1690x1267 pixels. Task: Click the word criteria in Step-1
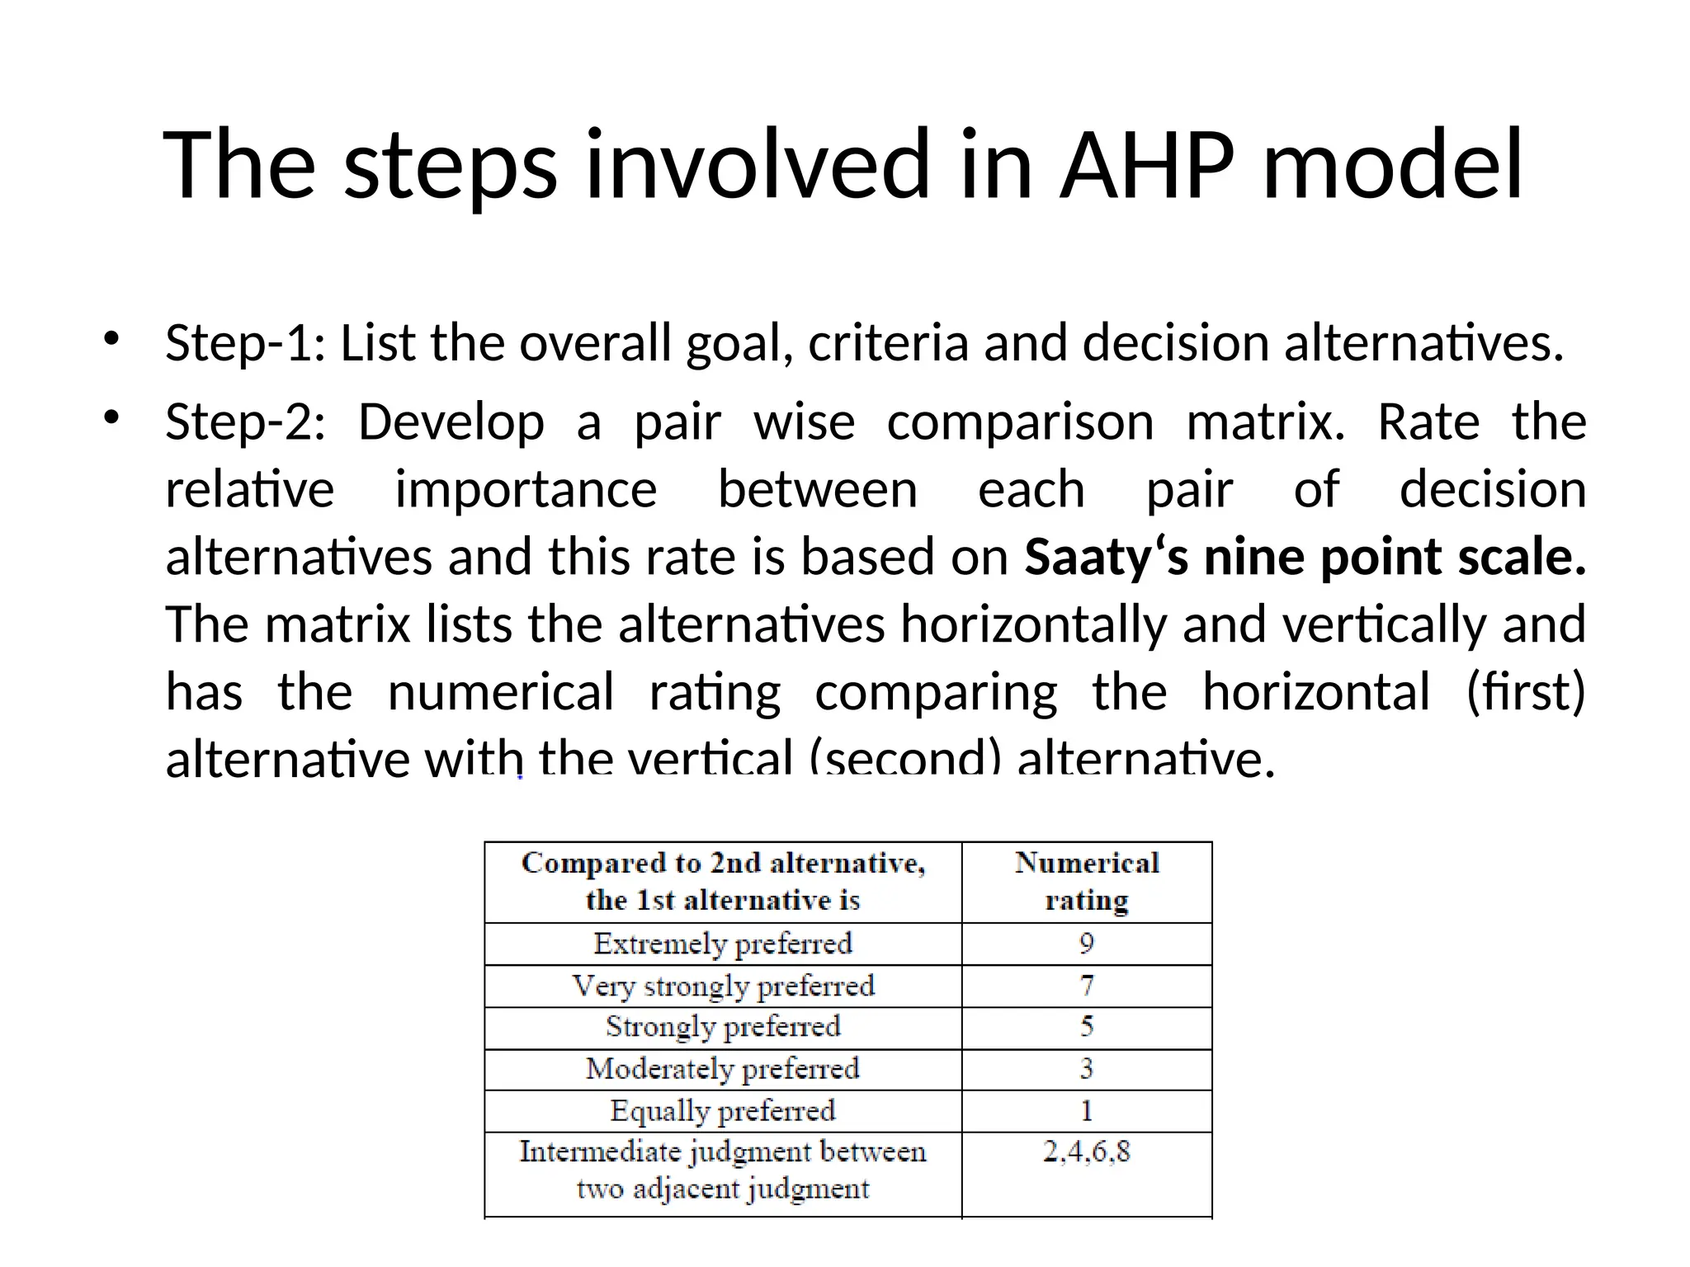(888, 343)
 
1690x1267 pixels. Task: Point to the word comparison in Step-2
(1020, 422)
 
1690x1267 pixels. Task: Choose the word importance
(526, 490)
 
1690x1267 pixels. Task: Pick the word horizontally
(1033, 624)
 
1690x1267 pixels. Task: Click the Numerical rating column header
(1087, 881)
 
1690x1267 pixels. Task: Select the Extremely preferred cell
(723, 944)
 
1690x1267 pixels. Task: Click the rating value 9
(1087, 944)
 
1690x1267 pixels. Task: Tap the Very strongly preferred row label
(723, 986)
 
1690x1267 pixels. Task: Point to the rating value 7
(1087, 986)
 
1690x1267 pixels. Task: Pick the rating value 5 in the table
(1087, 1027)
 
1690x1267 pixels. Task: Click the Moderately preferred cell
(723, 1069)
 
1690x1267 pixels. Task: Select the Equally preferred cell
(723, 1111)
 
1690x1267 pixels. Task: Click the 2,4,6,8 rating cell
(1087, 1152)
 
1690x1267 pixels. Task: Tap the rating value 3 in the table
(1087, 1069)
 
